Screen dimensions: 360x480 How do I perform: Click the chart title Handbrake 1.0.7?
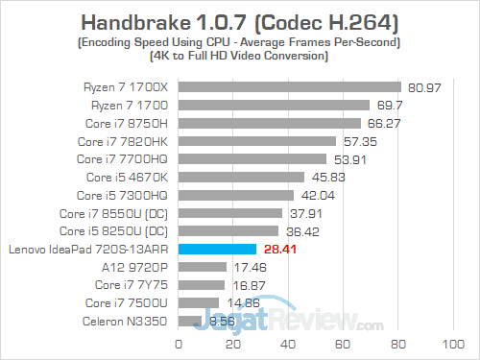click(x=240, y=21)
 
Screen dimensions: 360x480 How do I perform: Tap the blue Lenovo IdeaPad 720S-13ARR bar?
click(x=217, y=250)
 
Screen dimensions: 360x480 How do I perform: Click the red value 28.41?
click(x=283, y=250)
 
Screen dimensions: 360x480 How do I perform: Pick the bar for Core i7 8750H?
click(x=269, y=123)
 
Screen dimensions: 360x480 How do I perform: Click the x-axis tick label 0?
click(x=178, y=343)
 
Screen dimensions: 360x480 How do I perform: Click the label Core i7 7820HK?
click(x=126, y=141)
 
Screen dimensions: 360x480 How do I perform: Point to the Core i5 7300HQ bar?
click(x=235, y=195)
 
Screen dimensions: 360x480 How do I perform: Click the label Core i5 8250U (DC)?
click(x=114, y=231)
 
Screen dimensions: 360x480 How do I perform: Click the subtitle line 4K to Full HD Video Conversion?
click(x=240, y=56)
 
